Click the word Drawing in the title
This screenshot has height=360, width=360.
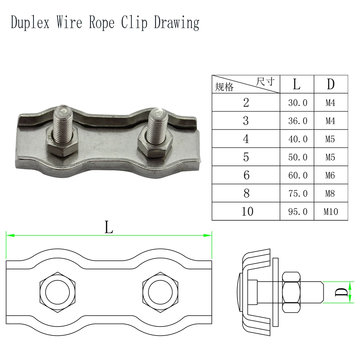click(x=176, y=23)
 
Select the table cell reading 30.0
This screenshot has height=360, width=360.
click(x=297, y=102)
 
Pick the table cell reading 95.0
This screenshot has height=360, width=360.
click(x=297, y=211)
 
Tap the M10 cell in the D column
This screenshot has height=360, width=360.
click(x=331, y=211)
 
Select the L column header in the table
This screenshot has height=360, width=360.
click(x=297, y=84)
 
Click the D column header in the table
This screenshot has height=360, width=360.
click(x=331, y=84)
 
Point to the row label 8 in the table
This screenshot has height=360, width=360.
click(x=246, y=193)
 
